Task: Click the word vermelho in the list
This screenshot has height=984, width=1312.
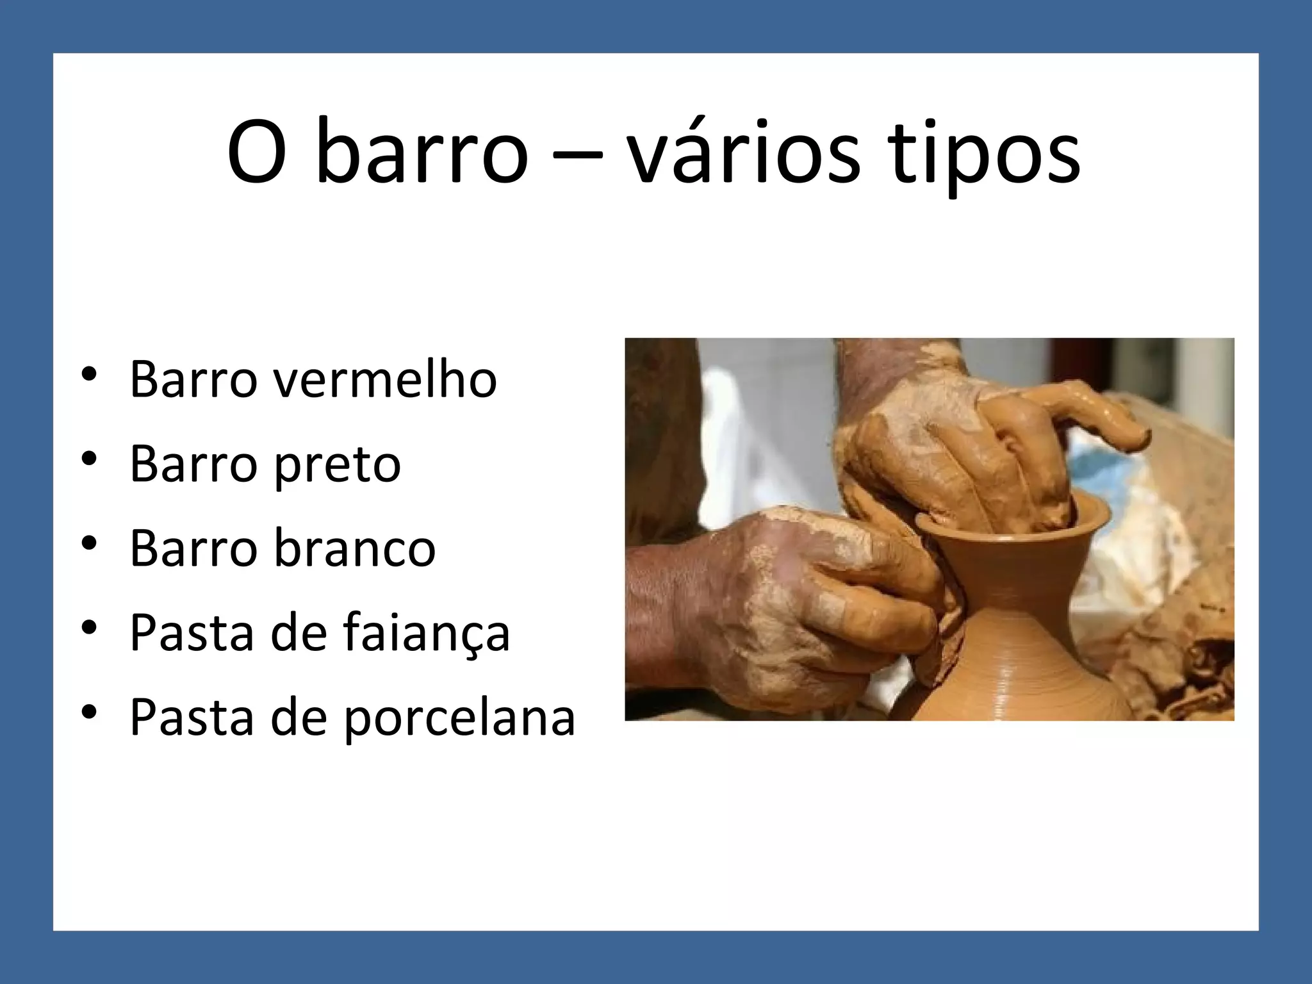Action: point(386,379)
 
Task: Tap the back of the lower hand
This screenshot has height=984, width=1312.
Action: point(769,577)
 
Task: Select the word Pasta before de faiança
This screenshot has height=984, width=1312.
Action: point(192,633)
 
